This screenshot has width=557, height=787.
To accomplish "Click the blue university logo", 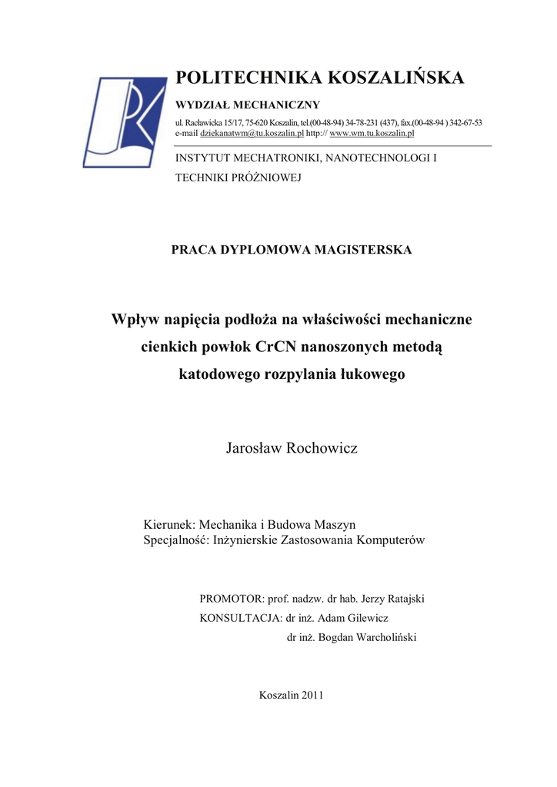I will tap(125, 121).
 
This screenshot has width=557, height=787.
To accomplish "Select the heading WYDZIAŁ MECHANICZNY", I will tap(248, 105).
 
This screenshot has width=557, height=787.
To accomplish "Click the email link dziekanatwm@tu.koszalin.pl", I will tap(252, 133).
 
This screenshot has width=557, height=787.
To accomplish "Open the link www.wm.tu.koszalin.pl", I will tap(372, 133).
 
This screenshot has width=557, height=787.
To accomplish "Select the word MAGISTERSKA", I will tap(363, 250).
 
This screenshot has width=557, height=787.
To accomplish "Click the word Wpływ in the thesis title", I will tap(134, 319).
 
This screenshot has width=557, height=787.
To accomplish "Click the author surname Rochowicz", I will tap(322, 448).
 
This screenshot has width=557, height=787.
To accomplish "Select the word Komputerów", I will tap(395, 540).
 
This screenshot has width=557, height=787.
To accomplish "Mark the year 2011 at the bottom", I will tap(312, 695).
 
